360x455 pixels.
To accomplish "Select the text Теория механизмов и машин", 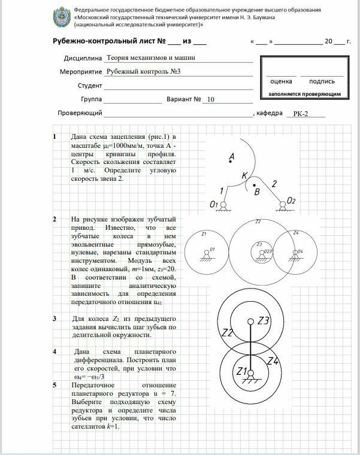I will (x=150, y=58).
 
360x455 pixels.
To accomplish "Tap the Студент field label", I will (x=90, y=86).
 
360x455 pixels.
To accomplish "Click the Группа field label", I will (x=90, y=99).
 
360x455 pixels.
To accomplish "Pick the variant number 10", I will (x=210, y=99).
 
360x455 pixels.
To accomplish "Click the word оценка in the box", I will (x=281, y=81).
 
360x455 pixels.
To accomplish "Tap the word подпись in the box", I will (x=322, y=81).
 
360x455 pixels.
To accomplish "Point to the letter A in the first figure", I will (x=231, y=157).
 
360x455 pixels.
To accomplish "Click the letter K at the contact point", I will (x=244, y=176).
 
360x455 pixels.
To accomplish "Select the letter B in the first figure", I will (x=256, y=193).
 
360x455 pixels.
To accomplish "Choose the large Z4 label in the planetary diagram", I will (x=273, y=361).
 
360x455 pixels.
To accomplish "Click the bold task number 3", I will (x=55, y=318).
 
